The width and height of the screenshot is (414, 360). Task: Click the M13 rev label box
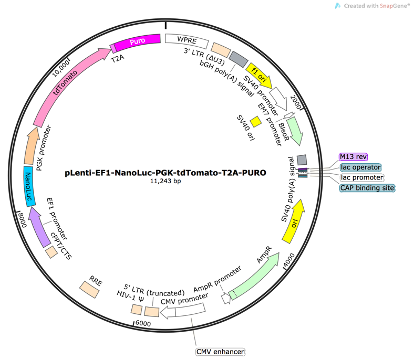(x=353, y=157)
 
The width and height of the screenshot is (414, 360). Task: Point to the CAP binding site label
(x=366, y=187)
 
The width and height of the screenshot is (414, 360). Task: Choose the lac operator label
(x=361, y=167)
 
